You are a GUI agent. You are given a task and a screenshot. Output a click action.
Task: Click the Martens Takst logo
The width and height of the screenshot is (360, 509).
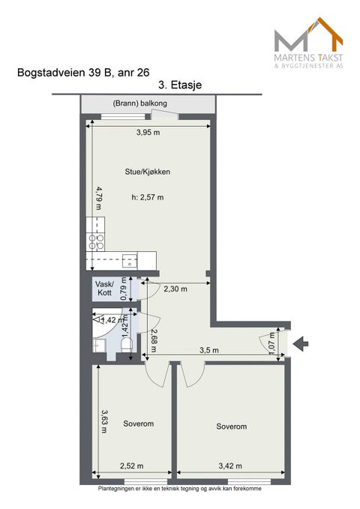[x=308, y=43]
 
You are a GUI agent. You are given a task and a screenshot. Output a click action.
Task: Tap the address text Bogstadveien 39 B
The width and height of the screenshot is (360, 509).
[x=64, y=73]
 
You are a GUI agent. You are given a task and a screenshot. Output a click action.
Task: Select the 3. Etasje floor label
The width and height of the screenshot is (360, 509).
[x=180, y=85]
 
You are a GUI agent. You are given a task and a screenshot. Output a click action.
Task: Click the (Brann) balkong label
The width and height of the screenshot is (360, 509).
[x=139, y=103]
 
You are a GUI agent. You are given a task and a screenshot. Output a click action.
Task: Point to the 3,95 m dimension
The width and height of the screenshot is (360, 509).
[x=148, y=133]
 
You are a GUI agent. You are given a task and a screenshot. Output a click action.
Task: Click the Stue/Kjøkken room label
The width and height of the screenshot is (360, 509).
[x=148, y=172]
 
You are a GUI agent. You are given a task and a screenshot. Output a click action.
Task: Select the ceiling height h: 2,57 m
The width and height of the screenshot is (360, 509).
[x=148, y=197]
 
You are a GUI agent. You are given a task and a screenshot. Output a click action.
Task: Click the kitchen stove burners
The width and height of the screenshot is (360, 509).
[x=96, y=242]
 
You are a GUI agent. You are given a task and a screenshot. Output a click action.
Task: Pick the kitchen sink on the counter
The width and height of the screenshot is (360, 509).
[x=130, y=261]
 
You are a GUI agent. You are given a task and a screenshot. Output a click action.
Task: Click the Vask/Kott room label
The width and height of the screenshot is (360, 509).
[x=104, y=289]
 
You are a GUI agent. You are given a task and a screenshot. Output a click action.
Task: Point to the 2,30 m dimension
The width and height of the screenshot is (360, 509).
[x=175, y=289]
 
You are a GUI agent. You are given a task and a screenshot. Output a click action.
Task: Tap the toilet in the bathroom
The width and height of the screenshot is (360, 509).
[x=127, y=344]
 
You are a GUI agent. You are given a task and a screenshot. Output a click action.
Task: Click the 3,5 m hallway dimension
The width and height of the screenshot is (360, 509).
[x=209, y=350]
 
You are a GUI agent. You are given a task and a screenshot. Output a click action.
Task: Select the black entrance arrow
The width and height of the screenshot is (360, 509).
[x=301, y=343]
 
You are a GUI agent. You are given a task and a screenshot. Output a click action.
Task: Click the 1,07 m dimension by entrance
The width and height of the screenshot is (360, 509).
[x=272, y=343]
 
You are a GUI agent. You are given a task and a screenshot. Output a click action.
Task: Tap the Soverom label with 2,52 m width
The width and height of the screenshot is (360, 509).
[x=139, y=424]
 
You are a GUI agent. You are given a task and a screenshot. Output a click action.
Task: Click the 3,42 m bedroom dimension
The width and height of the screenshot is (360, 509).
[x=230, y=466]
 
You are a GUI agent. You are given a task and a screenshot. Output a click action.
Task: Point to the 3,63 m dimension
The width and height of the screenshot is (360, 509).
[x=104, y=421]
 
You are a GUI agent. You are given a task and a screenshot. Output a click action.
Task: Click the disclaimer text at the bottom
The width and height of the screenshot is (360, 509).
[x=180, y=489]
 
